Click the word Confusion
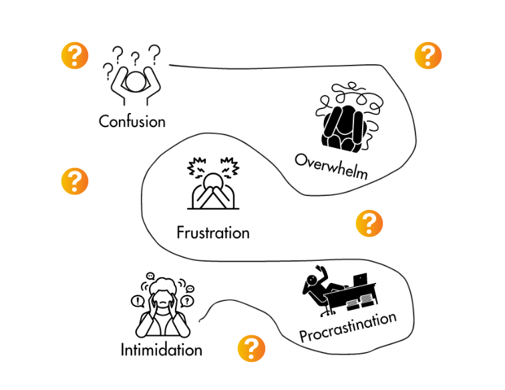(x=132, y=121)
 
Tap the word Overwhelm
(x=331, y=167)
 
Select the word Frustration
(x=213, y=233)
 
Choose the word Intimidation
(x=161, y=349)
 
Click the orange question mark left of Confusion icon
(x=75, y=55)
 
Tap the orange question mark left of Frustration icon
(x=75, y=181)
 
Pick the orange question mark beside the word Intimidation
(x=251, y=349)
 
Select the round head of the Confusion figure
(x=136, y=82)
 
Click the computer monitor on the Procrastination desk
(x=360, y=278)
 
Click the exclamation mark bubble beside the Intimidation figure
(x=137, y=301)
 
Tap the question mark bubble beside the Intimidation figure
(x=188, y=302)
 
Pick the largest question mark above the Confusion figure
(x=154, y=52)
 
